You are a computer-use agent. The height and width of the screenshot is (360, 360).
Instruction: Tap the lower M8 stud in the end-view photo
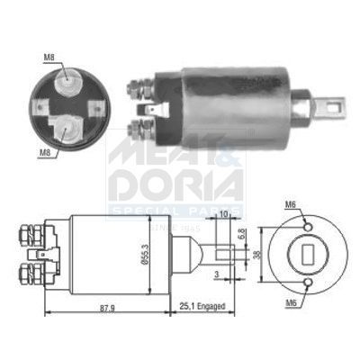(63, 131)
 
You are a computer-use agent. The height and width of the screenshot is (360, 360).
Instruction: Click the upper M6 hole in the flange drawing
(309, 225)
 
